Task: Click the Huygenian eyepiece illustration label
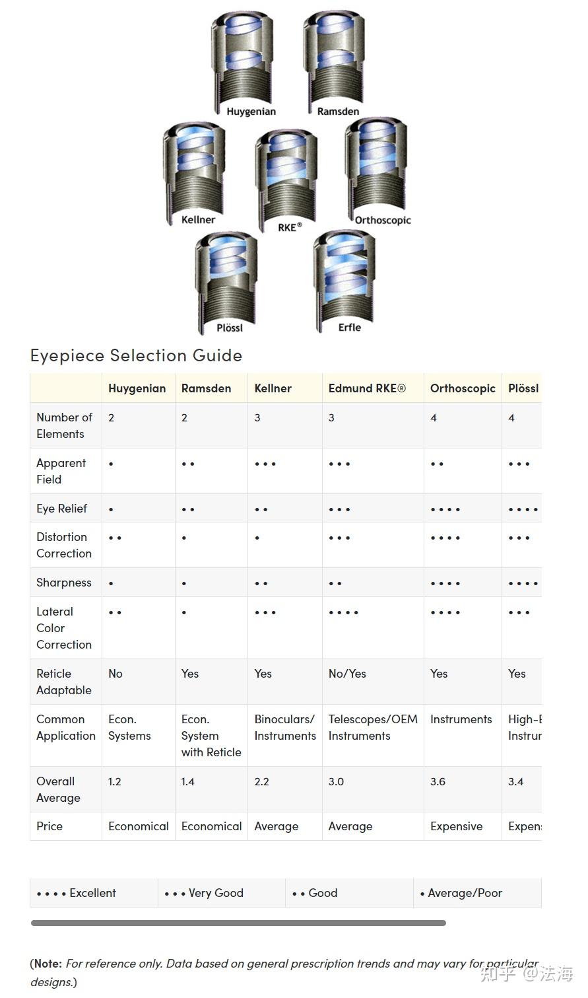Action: tap(251, 112)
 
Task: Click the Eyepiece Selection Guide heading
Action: tap(136, 355)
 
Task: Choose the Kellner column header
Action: tap(273, 388)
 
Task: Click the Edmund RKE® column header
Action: tap(367, 388)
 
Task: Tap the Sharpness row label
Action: tap(64, 583)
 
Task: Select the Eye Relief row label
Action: tap(62, 509)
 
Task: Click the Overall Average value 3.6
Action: tap(438, 782)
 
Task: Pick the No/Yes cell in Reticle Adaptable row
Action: tap(347, 674)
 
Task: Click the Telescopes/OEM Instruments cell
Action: tap(373, 727)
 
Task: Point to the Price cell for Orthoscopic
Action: tap(456, 826)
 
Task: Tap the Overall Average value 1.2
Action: tap(115, 782)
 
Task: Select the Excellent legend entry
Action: tap(77, 893)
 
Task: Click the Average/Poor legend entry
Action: tap(461, 893)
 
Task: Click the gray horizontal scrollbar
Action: tap(238, 923)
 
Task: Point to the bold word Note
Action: tap(47, 964)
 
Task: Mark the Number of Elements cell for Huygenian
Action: tap(112, 418)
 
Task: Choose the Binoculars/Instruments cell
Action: tap(285, 727)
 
